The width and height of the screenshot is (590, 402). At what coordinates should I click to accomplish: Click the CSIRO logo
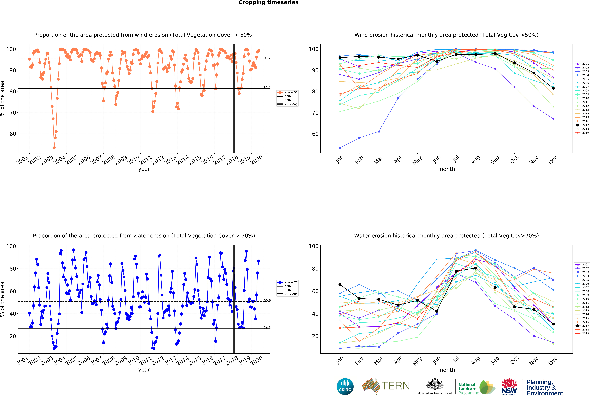345,387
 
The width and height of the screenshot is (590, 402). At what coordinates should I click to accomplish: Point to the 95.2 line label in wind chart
267,58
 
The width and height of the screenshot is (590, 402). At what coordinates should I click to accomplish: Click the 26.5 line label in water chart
267,328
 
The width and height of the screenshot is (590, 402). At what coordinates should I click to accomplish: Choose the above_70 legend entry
288,282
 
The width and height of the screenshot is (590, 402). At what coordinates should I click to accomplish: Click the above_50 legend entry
288,92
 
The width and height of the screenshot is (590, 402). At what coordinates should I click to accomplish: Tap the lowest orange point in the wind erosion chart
54,148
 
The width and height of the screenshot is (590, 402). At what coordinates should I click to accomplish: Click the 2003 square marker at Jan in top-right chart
340,148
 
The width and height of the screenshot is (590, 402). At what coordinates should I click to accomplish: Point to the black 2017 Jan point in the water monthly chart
340,284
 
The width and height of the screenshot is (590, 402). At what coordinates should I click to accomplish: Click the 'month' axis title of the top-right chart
446,169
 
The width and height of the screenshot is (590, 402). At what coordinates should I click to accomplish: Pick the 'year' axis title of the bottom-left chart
144,370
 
